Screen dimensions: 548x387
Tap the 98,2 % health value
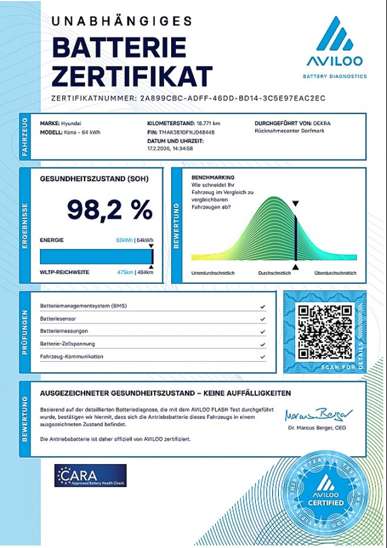[109, 210]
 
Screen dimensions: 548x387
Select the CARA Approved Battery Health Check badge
[90, 475]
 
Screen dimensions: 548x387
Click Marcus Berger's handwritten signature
[318, 416]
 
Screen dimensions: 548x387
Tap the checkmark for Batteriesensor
[262, 318]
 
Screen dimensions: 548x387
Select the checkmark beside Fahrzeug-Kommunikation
[262, 356]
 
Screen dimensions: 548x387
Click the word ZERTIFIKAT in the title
[132, 77]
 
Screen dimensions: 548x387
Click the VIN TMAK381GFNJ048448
[185, 132]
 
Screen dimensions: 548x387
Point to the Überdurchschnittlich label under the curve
[334, 273]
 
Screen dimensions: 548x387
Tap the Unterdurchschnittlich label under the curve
[213, 273]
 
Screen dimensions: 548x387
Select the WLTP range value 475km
[125, 272]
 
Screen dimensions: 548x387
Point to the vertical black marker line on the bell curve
[295, 236]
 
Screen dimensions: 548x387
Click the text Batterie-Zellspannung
[67, 344]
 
